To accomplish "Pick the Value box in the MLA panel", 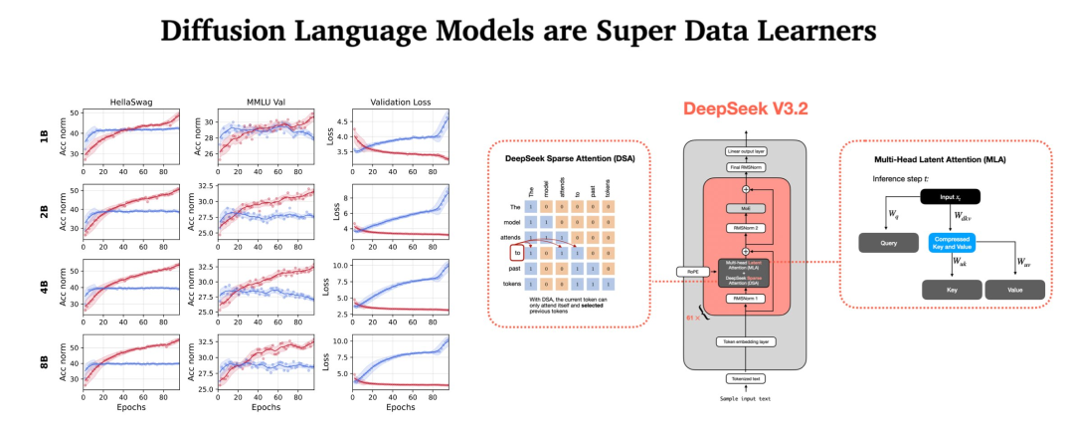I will point(1014,290).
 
